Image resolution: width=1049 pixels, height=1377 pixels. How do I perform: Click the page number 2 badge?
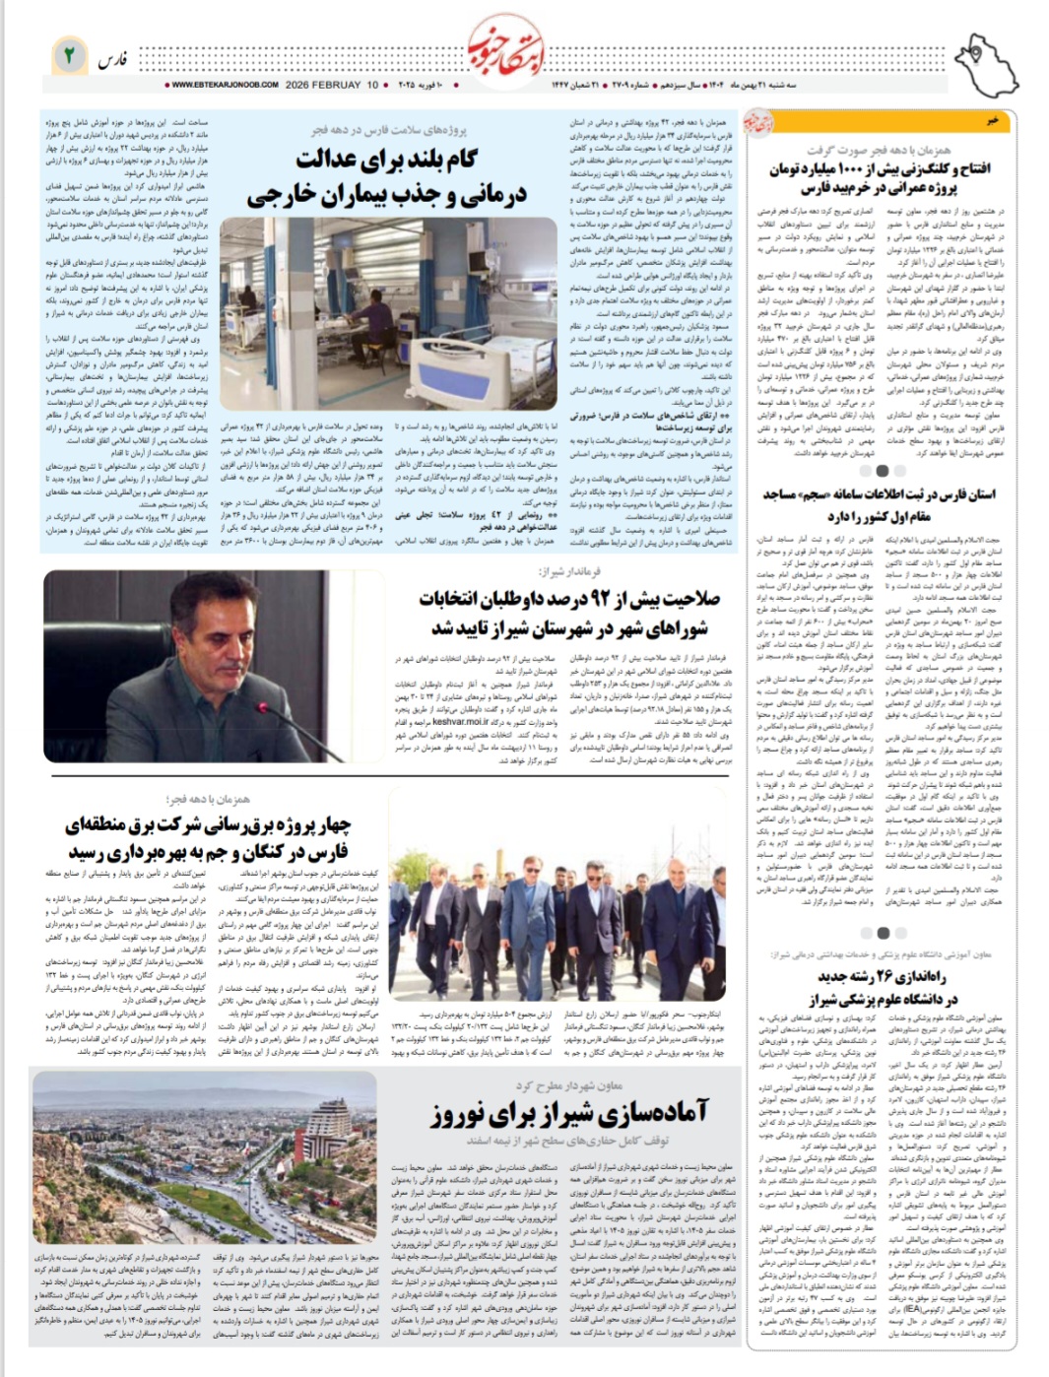pos(70,56)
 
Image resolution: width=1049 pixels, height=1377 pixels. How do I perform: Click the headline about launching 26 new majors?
pos(882,986)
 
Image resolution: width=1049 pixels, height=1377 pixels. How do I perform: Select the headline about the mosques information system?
pos(879,504)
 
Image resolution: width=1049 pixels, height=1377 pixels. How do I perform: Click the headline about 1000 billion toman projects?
pos(881,177)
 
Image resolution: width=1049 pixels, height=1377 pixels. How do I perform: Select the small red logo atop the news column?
pos(785,122)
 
